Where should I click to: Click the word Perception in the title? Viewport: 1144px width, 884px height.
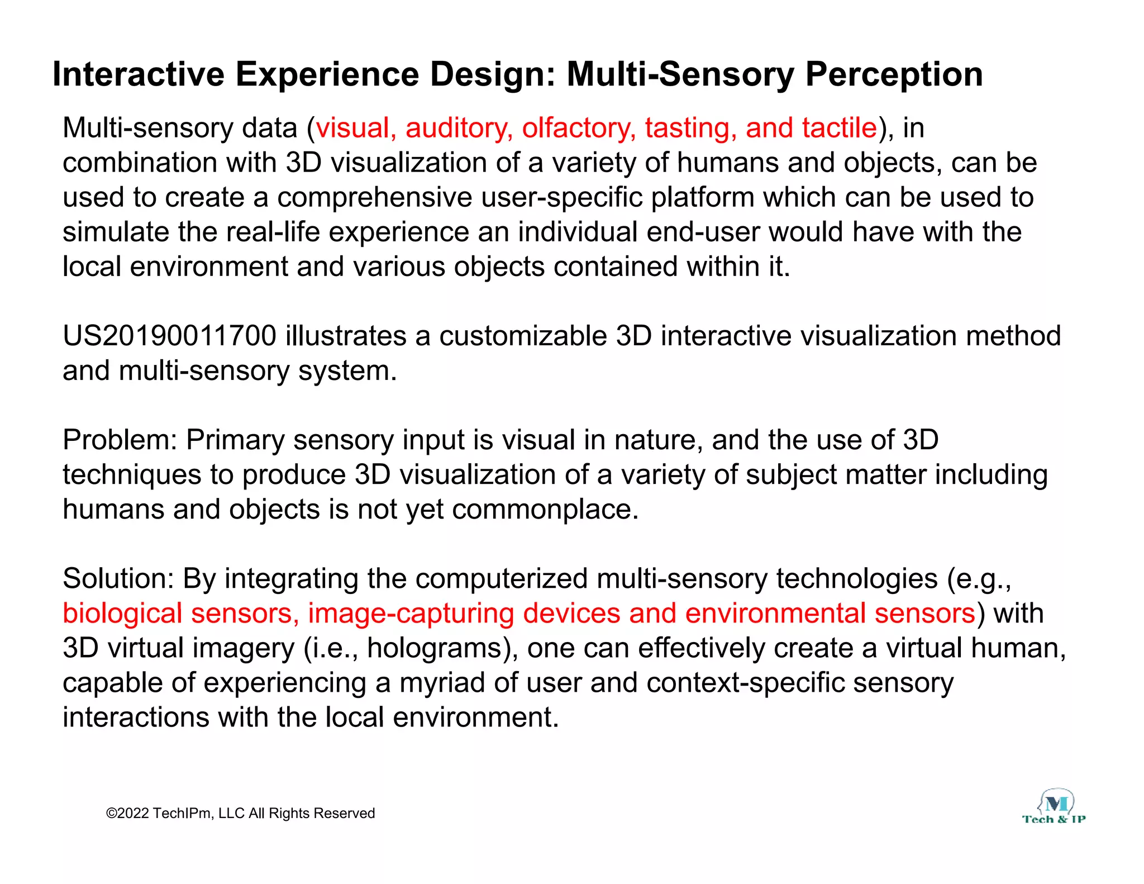(893, 74)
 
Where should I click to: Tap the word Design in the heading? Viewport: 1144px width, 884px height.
(492, 74)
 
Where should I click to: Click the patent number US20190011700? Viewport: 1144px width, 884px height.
(169, 336)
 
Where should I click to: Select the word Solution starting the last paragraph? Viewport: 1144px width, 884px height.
(118, 579)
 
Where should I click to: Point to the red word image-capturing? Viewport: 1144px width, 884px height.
(408, 614)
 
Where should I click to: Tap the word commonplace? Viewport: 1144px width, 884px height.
(545, 510)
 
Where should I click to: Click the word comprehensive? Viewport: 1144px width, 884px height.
(375, 198)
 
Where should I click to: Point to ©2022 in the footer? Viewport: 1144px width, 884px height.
(127, 814)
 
